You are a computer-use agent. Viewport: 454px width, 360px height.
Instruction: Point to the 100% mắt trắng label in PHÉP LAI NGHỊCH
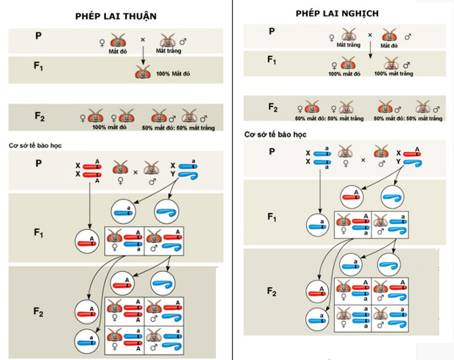click(390, 73)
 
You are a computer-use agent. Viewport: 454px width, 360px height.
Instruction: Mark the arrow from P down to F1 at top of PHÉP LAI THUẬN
click(142, 55)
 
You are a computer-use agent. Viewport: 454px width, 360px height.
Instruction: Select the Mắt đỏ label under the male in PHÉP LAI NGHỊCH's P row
click(389, 45)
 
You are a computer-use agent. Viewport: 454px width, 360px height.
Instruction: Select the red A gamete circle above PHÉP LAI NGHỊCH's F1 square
click(354, 196)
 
